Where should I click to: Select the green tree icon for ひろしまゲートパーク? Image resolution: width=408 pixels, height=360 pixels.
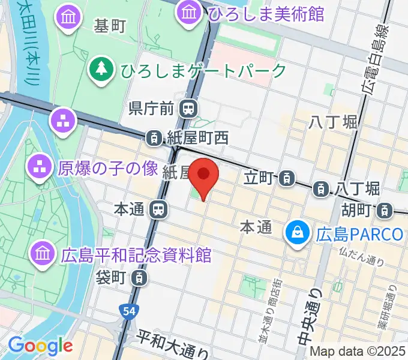point(100,70)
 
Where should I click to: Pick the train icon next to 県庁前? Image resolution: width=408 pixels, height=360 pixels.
point(189,108)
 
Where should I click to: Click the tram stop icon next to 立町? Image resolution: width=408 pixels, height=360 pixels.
point(288,177)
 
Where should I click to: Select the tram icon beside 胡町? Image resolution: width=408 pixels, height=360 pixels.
point(384,210)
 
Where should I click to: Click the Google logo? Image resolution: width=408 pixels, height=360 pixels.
point(40,346)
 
